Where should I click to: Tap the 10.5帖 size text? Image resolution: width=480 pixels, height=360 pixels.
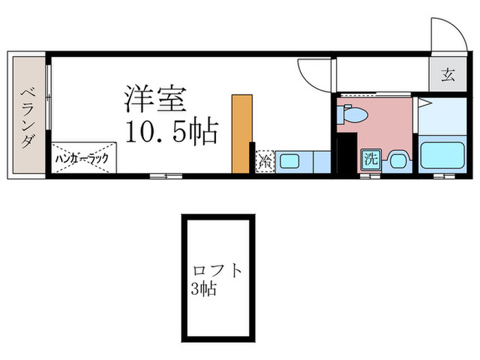click(171, 130)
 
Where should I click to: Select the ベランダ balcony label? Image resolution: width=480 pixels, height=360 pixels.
click(27, 117)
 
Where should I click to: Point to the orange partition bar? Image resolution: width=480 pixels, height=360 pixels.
click(240, 134)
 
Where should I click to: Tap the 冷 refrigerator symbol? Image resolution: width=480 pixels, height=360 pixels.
click(265, 162)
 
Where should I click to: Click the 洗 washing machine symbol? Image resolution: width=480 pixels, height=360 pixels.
click(371, 160)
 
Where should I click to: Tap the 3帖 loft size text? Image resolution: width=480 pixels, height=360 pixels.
click(204, 289)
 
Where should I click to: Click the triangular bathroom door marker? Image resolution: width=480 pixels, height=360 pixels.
click(423, 103)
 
